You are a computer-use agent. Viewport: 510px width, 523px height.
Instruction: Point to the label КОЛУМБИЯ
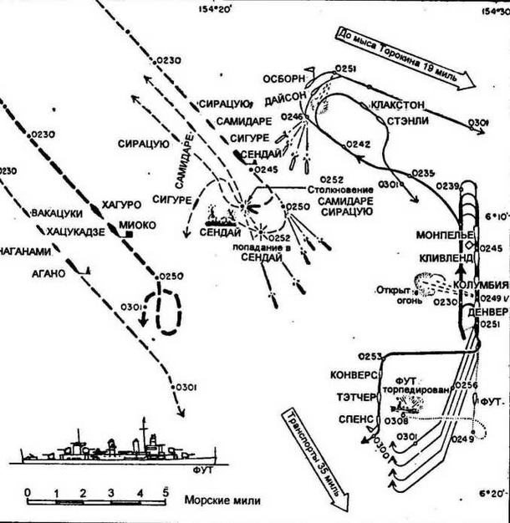(481, 285)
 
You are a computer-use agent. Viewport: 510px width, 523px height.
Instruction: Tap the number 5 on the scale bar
(166, 491)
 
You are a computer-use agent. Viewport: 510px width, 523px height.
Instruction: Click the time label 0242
(358, 145)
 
